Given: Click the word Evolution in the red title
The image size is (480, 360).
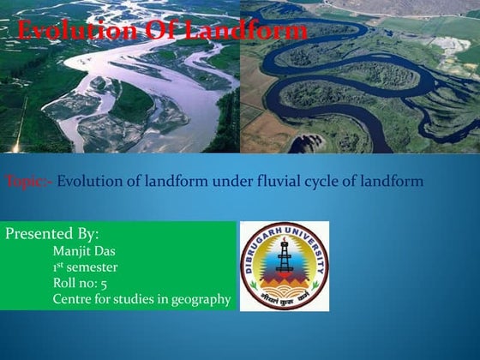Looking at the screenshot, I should (x=71, y=33).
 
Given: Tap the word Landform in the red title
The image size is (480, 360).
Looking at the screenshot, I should (x=249, y=33).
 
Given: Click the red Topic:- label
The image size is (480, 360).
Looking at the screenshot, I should (x=29, y=182).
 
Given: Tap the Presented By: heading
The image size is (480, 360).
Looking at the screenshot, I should (x=52, y=234).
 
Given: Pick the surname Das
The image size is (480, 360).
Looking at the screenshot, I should (x=105, y=251).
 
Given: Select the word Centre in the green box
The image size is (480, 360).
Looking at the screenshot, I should (x=72, y=299).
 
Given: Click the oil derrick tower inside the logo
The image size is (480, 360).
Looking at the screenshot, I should (x=284, y=258).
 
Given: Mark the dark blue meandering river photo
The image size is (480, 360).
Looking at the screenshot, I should (x=360, y=77).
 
